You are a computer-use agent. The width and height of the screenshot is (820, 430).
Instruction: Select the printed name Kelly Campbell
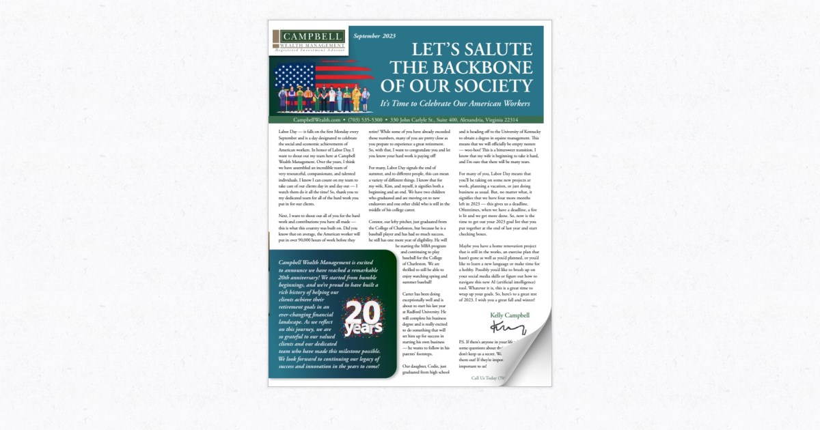pos(510,315)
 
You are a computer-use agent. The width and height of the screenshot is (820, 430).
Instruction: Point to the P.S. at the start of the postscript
pos(463,341)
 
